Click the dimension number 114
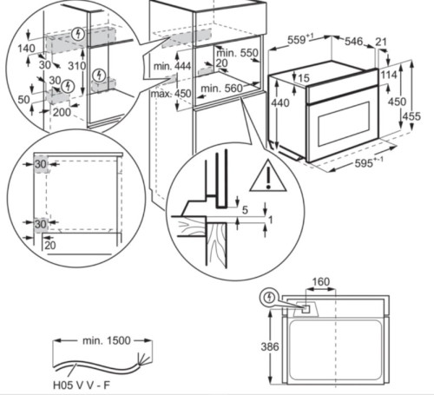(x=388, y=76)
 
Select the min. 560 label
(x=222, y=89)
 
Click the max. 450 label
(x=172, y=94)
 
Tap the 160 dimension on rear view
(x=321, y=281)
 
